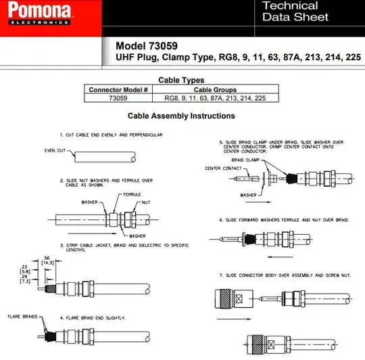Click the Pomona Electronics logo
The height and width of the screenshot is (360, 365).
pos(39,13)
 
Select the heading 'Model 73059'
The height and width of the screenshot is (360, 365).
pos(147,45)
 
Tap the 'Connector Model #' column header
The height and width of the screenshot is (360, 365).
pos(118,90)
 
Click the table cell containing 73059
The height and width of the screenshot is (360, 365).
pos(118,98)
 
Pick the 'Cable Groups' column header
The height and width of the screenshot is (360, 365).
pos(215,90)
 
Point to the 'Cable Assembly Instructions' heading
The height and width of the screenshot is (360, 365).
pos(181,116)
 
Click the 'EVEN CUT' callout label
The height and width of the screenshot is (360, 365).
pos(55,150)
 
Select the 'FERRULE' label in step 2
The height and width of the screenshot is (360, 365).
pos(132,194)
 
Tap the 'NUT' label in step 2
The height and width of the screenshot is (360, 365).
pos(146,202)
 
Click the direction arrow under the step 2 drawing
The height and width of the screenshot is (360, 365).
pos(92,233)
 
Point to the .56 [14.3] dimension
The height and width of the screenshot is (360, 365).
pos(47,261)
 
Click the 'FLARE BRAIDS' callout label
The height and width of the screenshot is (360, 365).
pos(22,317)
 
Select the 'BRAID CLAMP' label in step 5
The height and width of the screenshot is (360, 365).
pos(245,160)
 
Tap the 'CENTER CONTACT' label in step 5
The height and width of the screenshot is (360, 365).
pos(223,168)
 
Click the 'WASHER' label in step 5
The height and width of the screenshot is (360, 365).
pos(248,195)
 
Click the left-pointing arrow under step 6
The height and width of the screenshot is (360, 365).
pos(280,257)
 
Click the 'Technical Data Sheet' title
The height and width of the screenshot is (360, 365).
pos(295,12)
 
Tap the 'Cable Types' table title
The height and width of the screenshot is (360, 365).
pos(181,80)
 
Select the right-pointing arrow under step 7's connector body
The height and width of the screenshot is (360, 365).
pos(234,319)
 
